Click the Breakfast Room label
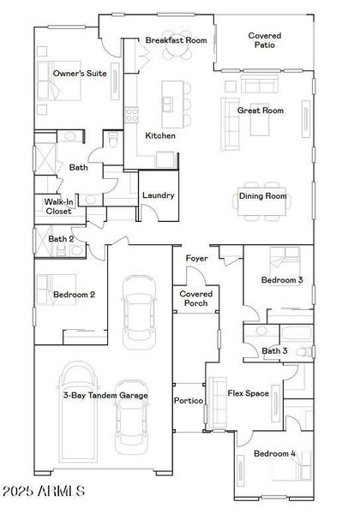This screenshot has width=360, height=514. (x=177, y=40)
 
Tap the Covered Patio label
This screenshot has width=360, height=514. (x=265, y=41)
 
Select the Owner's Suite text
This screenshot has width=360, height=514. (x=80, y=74)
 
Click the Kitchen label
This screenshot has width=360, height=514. (x=160, y=136)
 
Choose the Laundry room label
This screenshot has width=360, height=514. (x=159, y=195)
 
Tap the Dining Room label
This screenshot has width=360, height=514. (x=262, y=196)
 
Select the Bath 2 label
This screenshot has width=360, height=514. (x=60, y=239)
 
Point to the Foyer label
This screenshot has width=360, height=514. (x=196, y=258)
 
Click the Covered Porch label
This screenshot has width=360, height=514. (x=196, y=299)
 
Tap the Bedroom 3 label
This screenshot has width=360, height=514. (x=282, y=280)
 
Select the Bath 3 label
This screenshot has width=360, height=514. (x=273, y=350)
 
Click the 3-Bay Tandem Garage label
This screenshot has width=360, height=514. (x=105, y=395)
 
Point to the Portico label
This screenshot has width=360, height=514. (x=189, y=401)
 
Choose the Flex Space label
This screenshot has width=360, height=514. (x=249, y=394)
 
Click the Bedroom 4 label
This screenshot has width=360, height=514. (x=274, y=453)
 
